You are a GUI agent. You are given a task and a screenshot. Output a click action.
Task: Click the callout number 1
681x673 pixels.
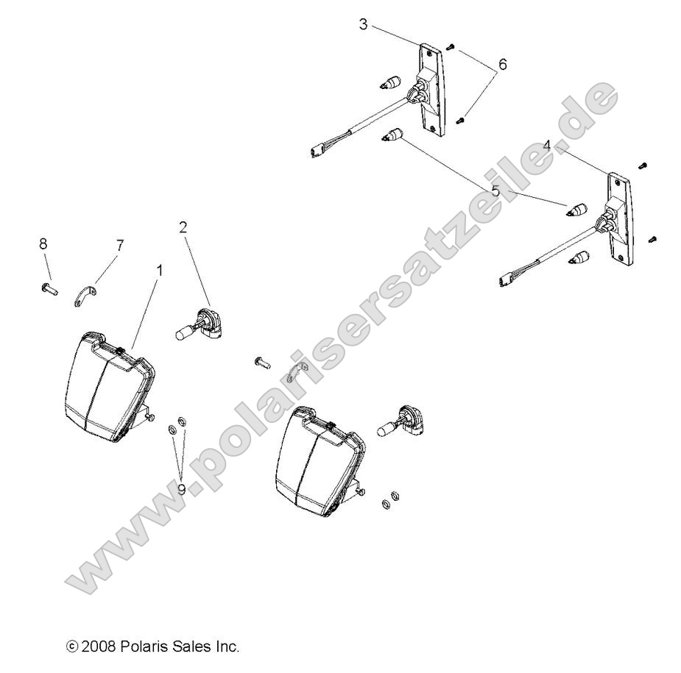159,271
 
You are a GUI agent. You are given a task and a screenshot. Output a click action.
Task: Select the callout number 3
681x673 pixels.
364,24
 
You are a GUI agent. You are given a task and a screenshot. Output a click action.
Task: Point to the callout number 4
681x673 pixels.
546,146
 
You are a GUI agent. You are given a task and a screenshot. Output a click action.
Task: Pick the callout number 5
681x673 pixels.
495,191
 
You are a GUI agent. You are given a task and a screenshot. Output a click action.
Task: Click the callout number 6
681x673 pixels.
502,65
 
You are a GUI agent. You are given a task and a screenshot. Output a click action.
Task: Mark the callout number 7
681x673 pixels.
120,243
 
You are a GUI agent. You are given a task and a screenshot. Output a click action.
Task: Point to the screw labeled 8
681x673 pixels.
49,287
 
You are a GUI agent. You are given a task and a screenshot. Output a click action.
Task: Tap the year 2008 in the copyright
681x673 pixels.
96,647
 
